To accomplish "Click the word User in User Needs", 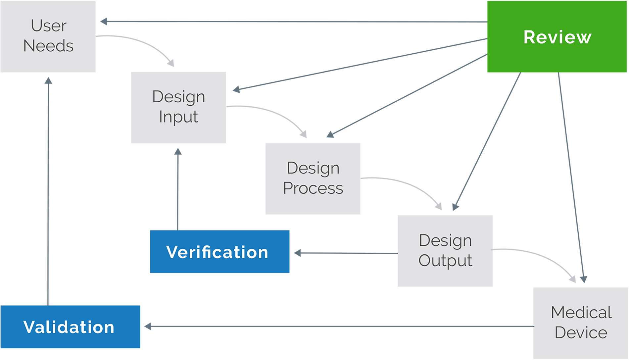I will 49,26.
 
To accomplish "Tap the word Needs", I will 48,46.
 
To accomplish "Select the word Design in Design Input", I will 178,97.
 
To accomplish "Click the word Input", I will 178,117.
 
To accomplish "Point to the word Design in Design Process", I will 313,168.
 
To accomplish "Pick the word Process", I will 313,188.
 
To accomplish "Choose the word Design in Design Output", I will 445,241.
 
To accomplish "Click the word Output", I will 445,261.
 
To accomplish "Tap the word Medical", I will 581,313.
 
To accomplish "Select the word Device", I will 581,333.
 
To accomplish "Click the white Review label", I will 557,37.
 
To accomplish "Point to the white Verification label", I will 217,252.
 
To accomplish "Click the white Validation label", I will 69,327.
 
